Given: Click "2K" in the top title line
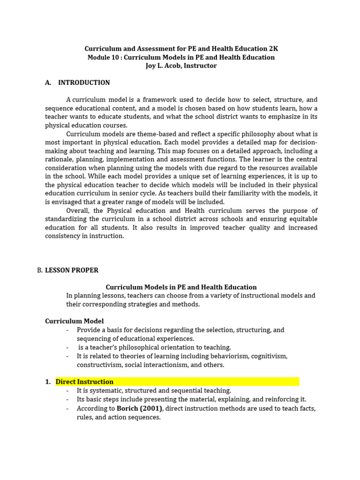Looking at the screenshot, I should point(273,49).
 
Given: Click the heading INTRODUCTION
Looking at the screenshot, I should point(84,82).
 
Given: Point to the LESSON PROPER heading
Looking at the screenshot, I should point(72,270).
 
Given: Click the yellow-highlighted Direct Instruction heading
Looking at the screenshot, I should point(84,382).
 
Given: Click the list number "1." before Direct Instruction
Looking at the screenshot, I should point(48,382).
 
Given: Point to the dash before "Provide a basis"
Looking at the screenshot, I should point(68,330).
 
